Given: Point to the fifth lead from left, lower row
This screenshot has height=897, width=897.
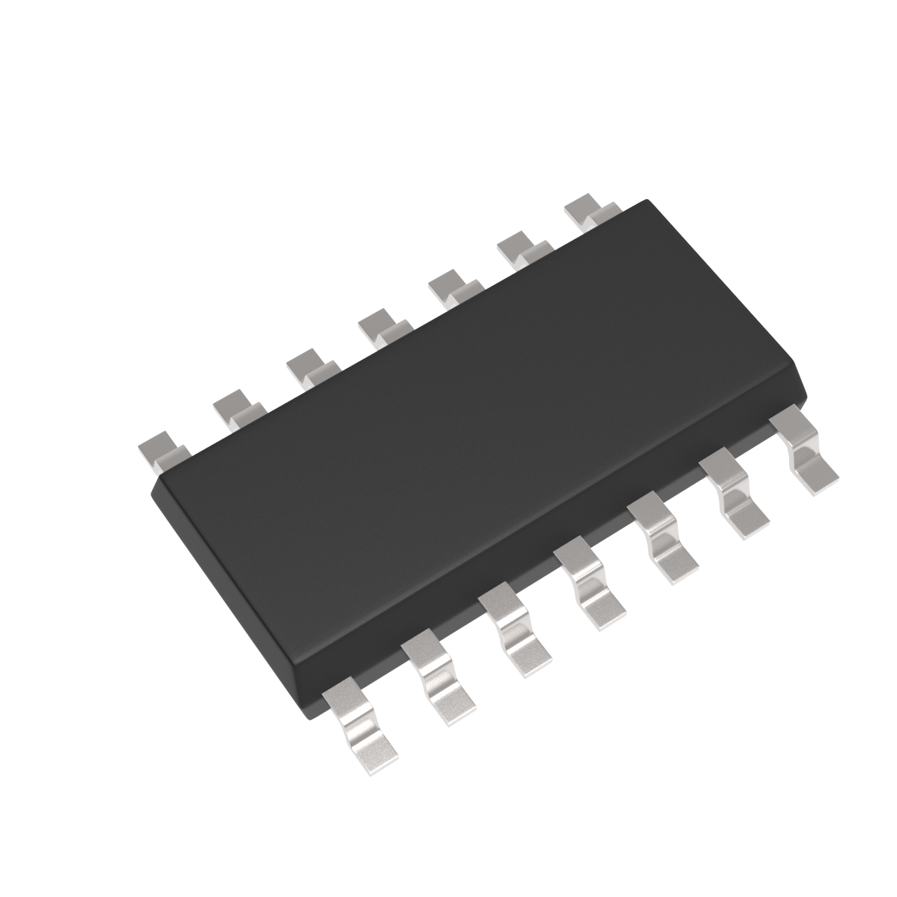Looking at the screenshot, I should pos(663,540).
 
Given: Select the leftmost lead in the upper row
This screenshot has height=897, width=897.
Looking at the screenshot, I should pos(163,452).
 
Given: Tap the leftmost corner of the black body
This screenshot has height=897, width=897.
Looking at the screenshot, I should pos(153,484).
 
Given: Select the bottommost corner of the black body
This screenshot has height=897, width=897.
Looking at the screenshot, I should pos(308,715).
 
